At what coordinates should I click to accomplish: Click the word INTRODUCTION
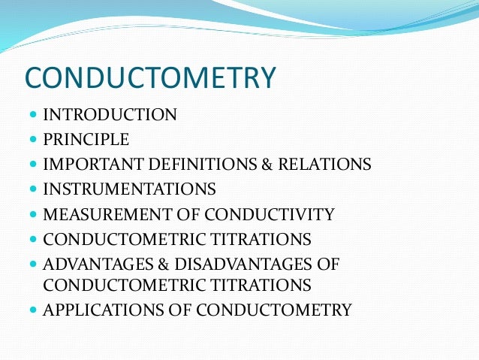[110, 115]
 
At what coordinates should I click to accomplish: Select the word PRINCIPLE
[86, 139]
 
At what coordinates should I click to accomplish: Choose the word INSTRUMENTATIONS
[130, 189]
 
